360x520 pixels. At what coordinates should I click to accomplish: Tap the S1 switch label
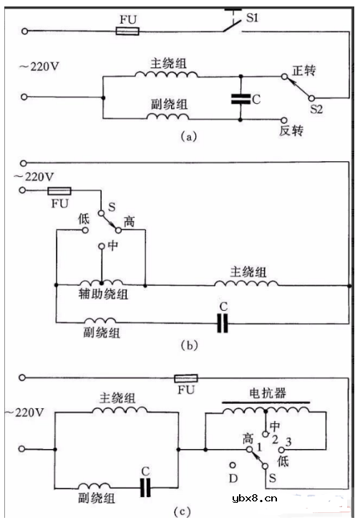(252, 17)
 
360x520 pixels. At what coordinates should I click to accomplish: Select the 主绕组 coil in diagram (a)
(166, 77)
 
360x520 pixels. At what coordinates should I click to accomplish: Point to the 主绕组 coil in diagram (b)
(248, 284)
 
